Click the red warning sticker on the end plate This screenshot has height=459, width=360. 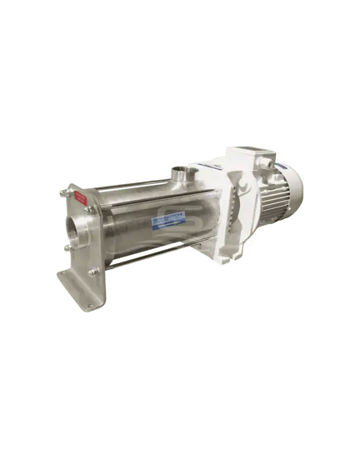click(81, 199)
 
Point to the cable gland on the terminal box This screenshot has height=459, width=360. click(265, 164)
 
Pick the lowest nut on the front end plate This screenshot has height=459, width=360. click(92, 272)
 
